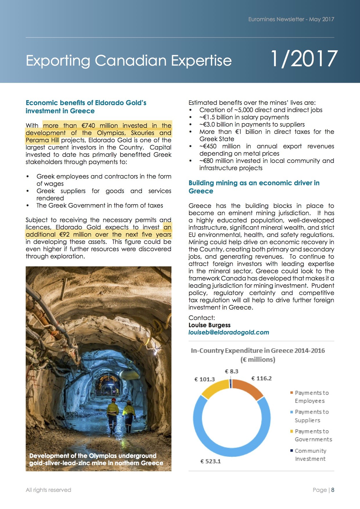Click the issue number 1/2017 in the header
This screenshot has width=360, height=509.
pyautogui.click(x=304, y=59)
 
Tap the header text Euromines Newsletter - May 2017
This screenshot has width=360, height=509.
pyautogui.click(x=291, y=19)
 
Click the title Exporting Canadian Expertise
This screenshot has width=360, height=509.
pyautogui.click(x=129, y=60)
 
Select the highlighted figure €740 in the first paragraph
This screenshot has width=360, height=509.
pyautogui.click(x=88, y=126)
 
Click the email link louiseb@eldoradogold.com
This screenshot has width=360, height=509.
pyautogui.click(x=229, y=332)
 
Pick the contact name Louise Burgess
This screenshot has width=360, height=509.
pyautogui.click(x=209, y=325)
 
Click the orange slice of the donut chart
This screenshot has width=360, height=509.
pyautogui.click(x=248, y=388)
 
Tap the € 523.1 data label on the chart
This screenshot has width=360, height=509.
pyautogui.click(x=210, y=461)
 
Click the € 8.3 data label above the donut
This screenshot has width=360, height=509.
pyautogui.click(x=231, y=371)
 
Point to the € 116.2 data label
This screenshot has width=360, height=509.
pyautogui.click(x=261, y=378)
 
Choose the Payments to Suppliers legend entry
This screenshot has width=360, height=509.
pyautogui.click(x=311, y=416)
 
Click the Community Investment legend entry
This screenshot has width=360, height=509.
pyautogui.click(x=310, y=455)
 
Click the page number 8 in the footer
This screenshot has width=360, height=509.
pyautogui.click(x=333, y=490)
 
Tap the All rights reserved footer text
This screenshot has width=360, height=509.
pyautogui.click(x=48, y=490)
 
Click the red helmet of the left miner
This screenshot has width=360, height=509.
pyautogui.click(x=114, y=400)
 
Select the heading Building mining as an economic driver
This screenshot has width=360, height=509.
pyautogui.click(x=254, y=187)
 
